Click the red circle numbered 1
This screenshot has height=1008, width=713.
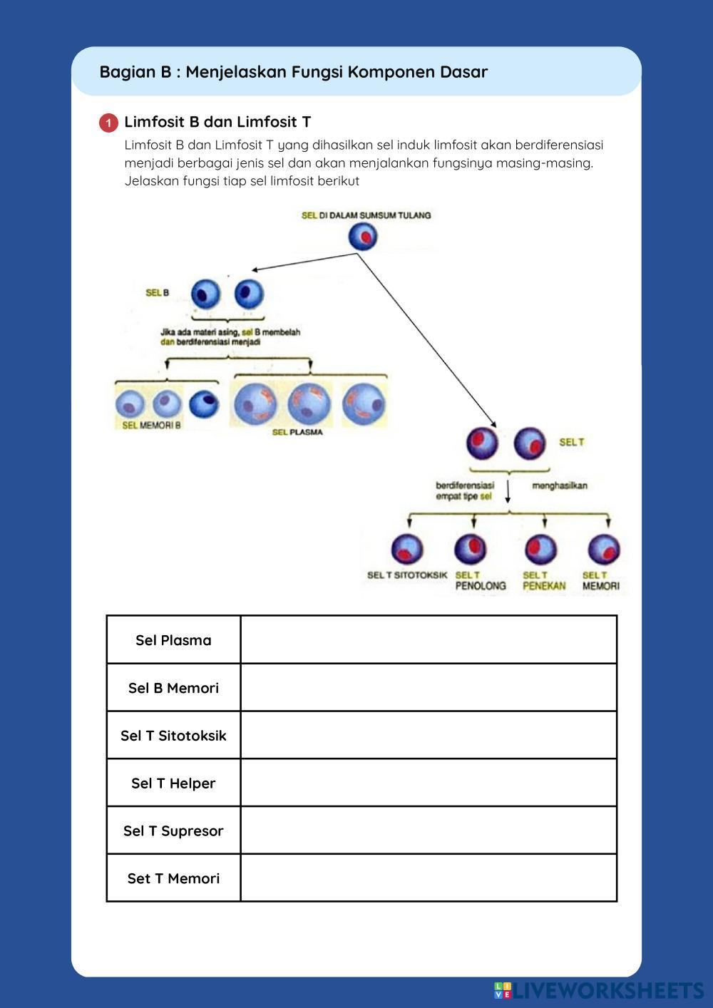pos(108,123)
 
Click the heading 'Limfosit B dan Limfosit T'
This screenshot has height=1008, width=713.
pos(217,122)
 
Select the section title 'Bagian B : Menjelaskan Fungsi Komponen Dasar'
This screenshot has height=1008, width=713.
pos(294,72)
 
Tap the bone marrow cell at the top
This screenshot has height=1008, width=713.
pos(363,237)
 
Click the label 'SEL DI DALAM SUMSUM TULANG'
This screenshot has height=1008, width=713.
pos(366,215)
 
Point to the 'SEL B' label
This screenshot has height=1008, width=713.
pos(157,293)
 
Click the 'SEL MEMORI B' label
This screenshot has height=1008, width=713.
pos(151,426)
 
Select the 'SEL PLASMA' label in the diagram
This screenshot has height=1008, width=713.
pos(297,432)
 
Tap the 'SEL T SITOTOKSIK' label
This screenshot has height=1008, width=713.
pos(407,575)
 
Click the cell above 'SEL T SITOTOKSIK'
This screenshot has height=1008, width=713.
pos(407,550)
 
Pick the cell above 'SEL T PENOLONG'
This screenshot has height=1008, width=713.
pos(471,549)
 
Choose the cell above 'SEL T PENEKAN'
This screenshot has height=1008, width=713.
pos(541,549)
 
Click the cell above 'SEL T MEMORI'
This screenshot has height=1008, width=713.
pos(604,550)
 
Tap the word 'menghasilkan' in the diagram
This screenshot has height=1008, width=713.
pos(560,485)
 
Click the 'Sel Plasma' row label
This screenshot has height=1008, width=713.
pos(173,640)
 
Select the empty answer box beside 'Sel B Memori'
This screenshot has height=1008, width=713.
pos(429,688)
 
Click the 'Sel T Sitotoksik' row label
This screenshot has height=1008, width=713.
pos(173,736)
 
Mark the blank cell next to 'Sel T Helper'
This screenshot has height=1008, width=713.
pos(429,783)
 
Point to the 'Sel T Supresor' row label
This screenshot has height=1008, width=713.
pos(173,830)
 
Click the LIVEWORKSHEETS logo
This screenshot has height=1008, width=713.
pos(599,990)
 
